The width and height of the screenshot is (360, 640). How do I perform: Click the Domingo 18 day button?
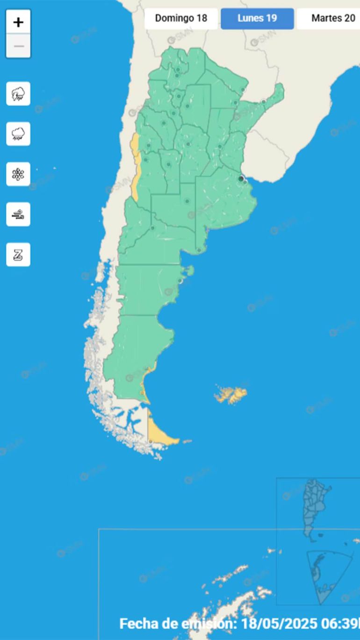pos(181,19)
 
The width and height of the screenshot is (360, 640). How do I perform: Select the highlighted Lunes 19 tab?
pos(257,19)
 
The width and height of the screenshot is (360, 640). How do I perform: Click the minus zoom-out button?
pos(18,46)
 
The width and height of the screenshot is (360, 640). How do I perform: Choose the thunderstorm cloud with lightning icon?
pos(18,93)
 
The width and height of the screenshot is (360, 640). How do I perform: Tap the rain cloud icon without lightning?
pos(18,134)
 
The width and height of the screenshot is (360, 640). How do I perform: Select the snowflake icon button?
pos(18,174)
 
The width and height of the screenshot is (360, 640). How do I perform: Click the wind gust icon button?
pos(18,215)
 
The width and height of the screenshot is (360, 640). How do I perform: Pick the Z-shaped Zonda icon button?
pos(18,255)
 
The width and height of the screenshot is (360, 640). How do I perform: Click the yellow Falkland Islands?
pos(231,394)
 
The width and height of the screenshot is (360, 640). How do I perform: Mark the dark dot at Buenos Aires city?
pos(241,179)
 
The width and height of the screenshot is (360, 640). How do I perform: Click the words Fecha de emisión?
pos(178,624)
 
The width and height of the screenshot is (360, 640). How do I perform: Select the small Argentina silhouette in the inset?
pos(314,507)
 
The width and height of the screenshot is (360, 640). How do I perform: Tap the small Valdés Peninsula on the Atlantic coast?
pos(189,270)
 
